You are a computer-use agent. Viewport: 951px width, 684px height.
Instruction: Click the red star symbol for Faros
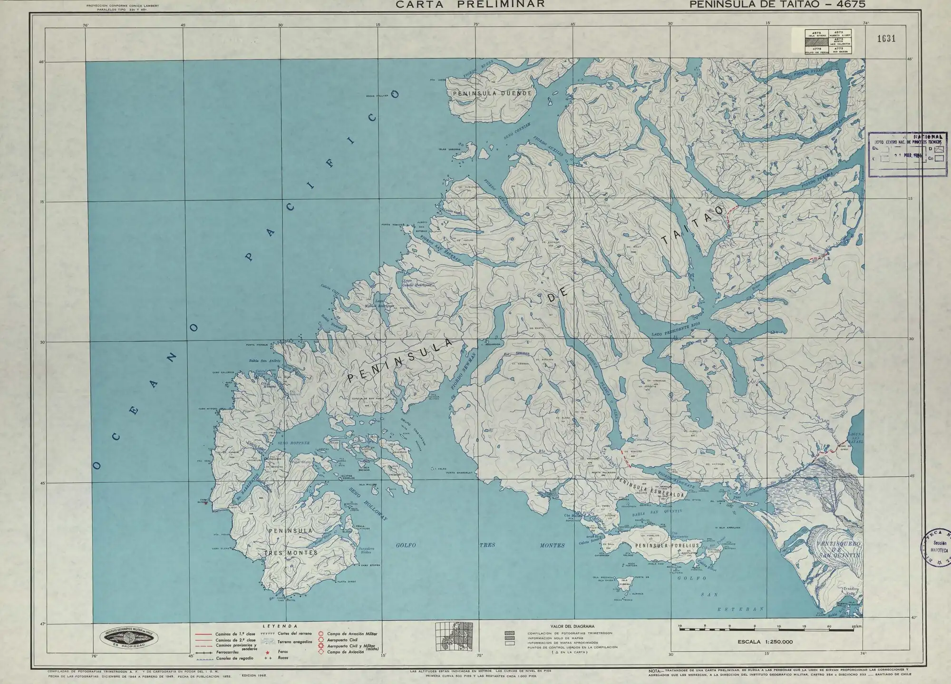coord(268,652)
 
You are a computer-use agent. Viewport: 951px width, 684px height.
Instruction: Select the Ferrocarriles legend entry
coord(227,652)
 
